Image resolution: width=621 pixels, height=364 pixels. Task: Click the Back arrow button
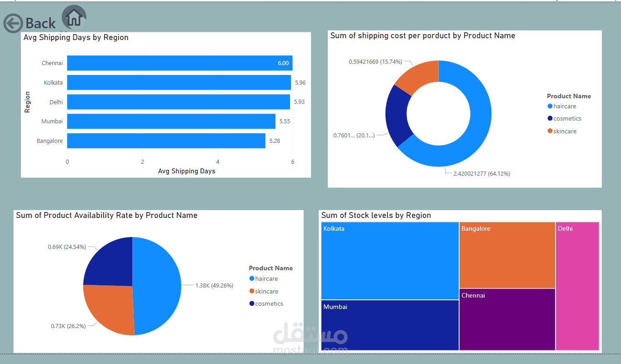point(13,23)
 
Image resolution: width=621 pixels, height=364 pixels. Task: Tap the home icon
point(74,17)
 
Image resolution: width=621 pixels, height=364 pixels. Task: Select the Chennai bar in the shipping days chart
point(180,63)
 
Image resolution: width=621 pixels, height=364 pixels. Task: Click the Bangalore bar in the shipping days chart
point(166,141)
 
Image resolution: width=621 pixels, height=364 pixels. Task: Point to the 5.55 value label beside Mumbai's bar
point(285,121)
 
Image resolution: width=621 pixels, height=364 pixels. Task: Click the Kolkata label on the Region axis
point(53,82)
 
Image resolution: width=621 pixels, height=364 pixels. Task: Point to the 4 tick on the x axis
point(218,162)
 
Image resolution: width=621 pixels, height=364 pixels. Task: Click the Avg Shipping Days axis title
point(186,171)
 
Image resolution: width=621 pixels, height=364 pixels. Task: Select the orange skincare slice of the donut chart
point(420,75)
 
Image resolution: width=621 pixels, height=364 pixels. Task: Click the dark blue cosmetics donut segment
point(397,115)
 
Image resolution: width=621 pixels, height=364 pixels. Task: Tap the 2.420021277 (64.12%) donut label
point(481,174)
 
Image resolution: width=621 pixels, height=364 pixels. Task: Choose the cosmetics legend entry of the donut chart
point(565,118)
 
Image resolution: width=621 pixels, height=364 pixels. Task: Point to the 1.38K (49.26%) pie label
point(214,285)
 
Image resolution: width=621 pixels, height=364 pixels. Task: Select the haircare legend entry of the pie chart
point(264,278)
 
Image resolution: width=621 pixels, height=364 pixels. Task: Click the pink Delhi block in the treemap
point(577,286)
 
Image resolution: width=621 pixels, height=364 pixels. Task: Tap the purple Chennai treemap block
point(507,319)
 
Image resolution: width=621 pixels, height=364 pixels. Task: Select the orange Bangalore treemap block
point(507,255)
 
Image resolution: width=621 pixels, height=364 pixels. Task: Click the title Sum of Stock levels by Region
point(376,215)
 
